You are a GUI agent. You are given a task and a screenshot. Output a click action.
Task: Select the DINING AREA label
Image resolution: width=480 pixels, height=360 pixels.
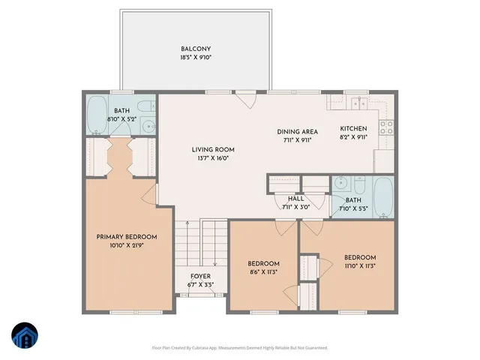pyautogui.click(x=298, y=130)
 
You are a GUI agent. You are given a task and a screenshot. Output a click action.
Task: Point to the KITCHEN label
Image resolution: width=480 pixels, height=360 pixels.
pyautogui.click(x=354, y=128)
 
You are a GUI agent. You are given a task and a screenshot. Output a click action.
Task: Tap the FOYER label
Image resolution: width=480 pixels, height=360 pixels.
pyautogui.click(x=199, y=276)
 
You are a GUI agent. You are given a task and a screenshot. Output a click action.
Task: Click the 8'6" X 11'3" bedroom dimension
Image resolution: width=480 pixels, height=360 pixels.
pyautogui.click(x=263, y=272)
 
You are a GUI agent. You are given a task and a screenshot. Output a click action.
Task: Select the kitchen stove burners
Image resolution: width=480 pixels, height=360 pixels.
pyautogui.click(x=388, y=127)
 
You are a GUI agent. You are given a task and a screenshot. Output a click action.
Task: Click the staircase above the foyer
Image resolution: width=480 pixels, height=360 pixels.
pyautogui.click(x=200, y=244)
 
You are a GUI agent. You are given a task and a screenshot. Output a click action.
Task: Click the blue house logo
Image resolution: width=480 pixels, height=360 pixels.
pyautogui.click(x=24, y=336)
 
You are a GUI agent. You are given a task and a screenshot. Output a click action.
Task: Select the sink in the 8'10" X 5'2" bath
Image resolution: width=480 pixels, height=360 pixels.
pyautogui.click(x=148, y=125)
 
